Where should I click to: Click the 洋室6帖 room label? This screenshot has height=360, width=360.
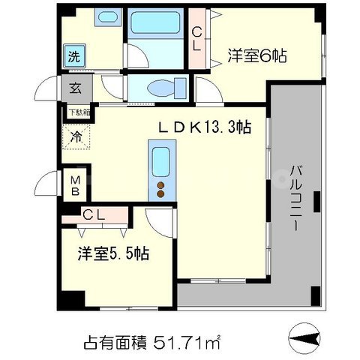click(259, 55)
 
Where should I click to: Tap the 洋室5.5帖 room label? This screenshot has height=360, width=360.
click(113, 253)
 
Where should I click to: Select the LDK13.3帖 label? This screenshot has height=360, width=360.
click(203, 129)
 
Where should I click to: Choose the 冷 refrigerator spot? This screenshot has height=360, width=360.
click(76, 137)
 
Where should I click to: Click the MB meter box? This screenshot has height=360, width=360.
click(76, 184)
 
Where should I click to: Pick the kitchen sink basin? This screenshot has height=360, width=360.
click(160, 162)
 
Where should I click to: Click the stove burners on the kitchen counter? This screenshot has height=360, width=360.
click(160, 189)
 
